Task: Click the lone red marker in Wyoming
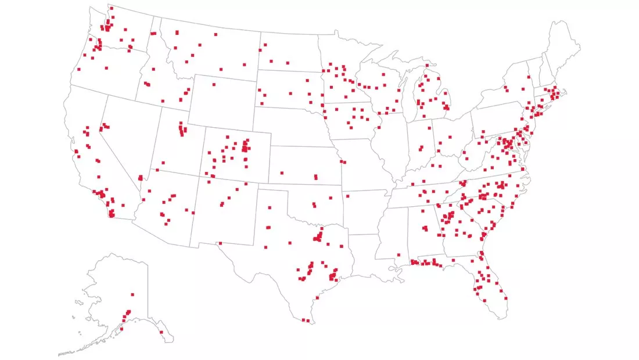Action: (x=214, y=85)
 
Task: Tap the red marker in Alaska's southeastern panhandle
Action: (x=161, y=332)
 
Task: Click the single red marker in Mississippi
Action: (x=399, y=253)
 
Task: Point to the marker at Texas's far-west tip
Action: (x=220, y=243)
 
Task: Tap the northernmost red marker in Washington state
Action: (x=111, y=8)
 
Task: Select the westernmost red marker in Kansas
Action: (x=282, y=172)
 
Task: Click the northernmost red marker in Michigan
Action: (x=427, y=66)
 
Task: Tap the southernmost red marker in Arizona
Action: (x=166, y=224)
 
